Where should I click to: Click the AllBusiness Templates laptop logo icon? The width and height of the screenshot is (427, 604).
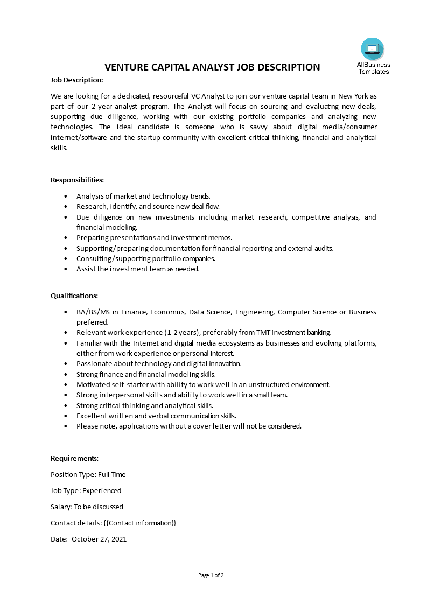(373, 49)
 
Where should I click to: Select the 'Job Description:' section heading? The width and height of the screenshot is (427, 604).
(76, 80)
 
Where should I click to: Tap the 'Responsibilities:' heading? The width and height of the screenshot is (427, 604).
(77, 180)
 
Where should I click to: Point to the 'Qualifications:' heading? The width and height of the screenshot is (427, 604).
(74, 296)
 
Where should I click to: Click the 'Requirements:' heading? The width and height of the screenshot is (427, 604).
(74, 458)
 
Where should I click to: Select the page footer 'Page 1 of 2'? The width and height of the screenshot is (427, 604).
(211, 575)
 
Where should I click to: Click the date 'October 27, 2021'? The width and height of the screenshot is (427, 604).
(99, 539)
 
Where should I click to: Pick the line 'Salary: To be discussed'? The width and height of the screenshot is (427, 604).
(87, 507)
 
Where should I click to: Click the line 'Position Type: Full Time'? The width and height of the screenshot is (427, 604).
(88, 474)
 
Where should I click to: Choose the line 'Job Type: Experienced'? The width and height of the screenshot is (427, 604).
(86, 490)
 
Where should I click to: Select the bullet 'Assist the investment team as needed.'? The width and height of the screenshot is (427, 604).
(138, 269)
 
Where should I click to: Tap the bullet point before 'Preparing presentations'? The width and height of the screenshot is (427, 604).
(66, 237)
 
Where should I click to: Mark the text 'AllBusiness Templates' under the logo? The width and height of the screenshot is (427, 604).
(373, 68)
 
